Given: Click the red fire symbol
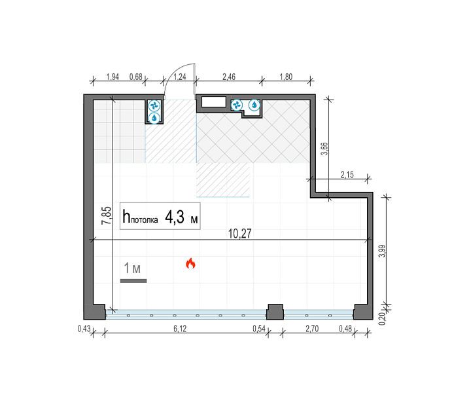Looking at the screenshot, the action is [x=190, y=263].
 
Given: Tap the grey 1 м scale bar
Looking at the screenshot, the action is [x=133, y=281].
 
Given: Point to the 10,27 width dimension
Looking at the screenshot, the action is [x=239, y=234].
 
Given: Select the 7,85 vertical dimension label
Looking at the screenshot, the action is [x=107, y=215].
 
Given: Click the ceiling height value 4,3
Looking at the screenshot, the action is [x=175, y=217].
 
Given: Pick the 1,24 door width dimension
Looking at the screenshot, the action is [x=180, y=77].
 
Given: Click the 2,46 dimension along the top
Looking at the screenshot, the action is [x=229, y=77].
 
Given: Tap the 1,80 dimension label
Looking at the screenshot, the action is [x=286, y=77].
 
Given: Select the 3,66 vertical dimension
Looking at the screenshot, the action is [x=324, y=149].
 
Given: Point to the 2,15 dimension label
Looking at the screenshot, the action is [x=347, y=175].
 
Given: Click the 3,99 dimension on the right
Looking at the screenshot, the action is [x=382, y=251].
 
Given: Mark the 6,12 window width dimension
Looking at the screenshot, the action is [x=180, y=329].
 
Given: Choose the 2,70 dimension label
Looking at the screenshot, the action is [x=312, y=329].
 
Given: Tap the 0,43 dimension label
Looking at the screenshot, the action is [x=84, y=329].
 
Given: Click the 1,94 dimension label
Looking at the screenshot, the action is [x=113, y=77].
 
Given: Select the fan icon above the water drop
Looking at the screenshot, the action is [x=154, y=105].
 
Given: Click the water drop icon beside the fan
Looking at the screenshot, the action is [x=254, y=105].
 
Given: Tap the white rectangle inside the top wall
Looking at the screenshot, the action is [x=213, y=102].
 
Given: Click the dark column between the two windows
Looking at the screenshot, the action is [x=275, y=312].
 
